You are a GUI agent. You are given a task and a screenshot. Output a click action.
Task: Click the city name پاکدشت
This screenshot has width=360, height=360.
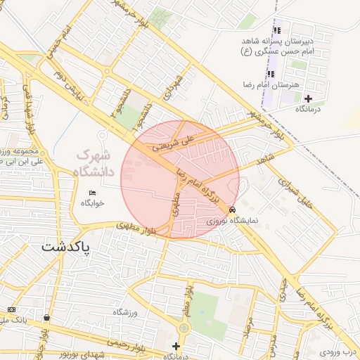coord(67,247)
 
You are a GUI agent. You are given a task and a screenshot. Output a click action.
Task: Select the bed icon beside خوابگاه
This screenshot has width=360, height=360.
coord(92,193)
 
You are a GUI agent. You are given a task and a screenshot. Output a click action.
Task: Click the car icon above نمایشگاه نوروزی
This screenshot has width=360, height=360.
coord(233,210)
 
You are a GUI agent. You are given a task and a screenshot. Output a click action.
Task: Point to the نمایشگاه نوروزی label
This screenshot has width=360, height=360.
coord(233,220)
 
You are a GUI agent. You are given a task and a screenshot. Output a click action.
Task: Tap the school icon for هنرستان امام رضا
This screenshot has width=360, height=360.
coord(271,74)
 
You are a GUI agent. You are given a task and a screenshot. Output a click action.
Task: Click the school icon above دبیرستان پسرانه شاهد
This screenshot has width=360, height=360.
coord(277,30)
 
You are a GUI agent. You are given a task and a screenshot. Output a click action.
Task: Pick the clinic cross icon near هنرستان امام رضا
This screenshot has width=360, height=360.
coord(307,98)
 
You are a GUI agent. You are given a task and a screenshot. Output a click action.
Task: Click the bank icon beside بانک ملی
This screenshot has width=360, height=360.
coord(11,309)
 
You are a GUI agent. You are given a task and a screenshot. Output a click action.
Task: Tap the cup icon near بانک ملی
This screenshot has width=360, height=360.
coord(46,317)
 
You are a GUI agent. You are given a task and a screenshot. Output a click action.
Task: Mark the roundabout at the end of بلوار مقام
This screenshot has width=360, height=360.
coord(184,328)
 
